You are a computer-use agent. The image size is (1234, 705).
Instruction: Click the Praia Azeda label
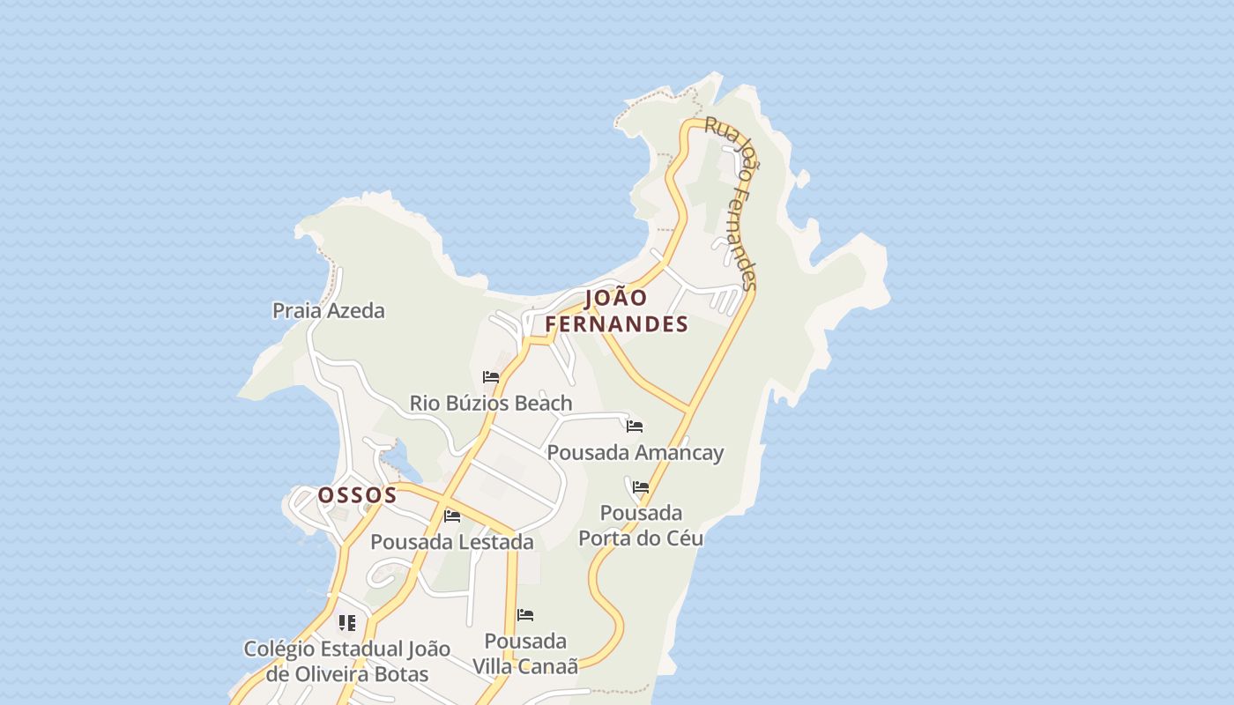click(x=328, y=310)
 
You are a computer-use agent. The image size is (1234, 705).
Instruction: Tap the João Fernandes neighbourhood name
click(x=616, y=311)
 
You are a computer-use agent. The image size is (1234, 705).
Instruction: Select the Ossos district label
click(x=357, y=495)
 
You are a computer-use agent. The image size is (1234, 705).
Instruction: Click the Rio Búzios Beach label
click(x=491, y=404)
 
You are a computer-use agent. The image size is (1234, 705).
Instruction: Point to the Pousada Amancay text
click(x=636, y=453)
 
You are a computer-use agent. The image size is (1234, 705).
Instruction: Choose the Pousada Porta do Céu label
click(x=641, y=525)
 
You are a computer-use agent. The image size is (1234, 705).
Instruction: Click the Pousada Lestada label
click(x=452, y=542)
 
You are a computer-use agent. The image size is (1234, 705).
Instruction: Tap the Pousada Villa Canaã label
click(x=525, y=654)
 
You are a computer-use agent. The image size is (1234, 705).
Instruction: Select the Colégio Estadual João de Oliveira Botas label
click(x=347, y=662)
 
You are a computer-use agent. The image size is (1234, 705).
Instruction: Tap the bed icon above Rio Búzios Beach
click(x=491, y=377)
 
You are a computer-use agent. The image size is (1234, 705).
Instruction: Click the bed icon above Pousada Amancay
click(x=635, y=427)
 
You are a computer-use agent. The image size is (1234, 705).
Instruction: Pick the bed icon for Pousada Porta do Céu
click(x=641, y=486)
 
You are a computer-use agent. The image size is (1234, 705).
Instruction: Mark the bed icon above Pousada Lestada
click(x=452, y=516)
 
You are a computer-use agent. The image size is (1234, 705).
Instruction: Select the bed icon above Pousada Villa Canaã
click(x=525, y=614)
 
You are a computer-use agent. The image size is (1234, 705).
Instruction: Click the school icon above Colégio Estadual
click(x=347, y=623)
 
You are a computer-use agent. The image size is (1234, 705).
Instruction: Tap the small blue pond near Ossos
click(x=396, y=458)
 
